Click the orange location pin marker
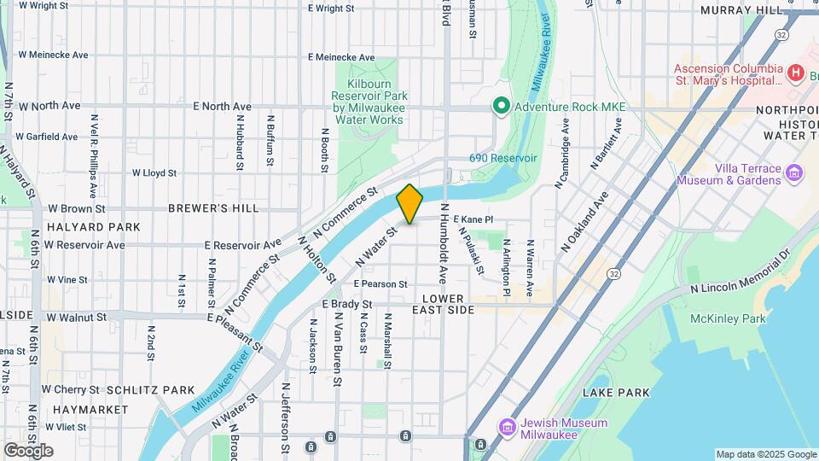tap(410, 203)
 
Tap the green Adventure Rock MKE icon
tap(502, 107)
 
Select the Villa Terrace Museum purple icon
tap(794, 174)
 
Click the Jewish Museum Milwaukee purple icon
tap(508, 426)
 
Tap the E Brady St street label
tap(347, 304)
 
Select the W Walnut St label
tap(77, 317)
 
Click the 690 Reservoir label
tap(503, 158)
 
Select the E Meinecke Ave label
tap(341, 57)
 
